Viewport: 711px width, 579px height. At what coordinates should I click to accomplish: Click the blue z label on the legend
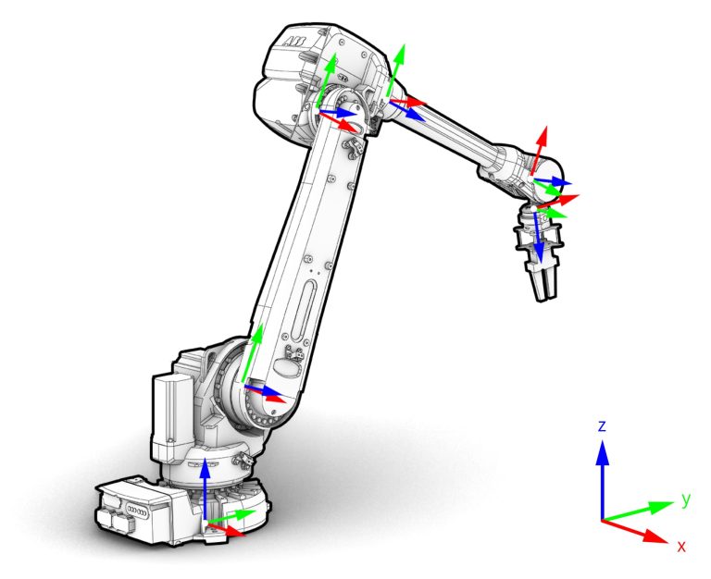tap(602, 425)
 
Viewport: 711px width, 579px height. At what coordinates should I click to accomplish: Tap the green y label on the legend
tap(686, 499)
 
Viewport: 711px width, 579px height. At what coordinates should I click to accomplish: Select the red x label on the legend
tap(681, 547)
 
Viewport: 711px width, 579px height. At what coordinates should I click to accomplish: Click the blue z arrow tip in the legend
tap(603, 447)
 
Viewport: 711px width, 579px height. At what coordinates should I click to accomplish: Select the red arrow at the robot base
tap(229, 530)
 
